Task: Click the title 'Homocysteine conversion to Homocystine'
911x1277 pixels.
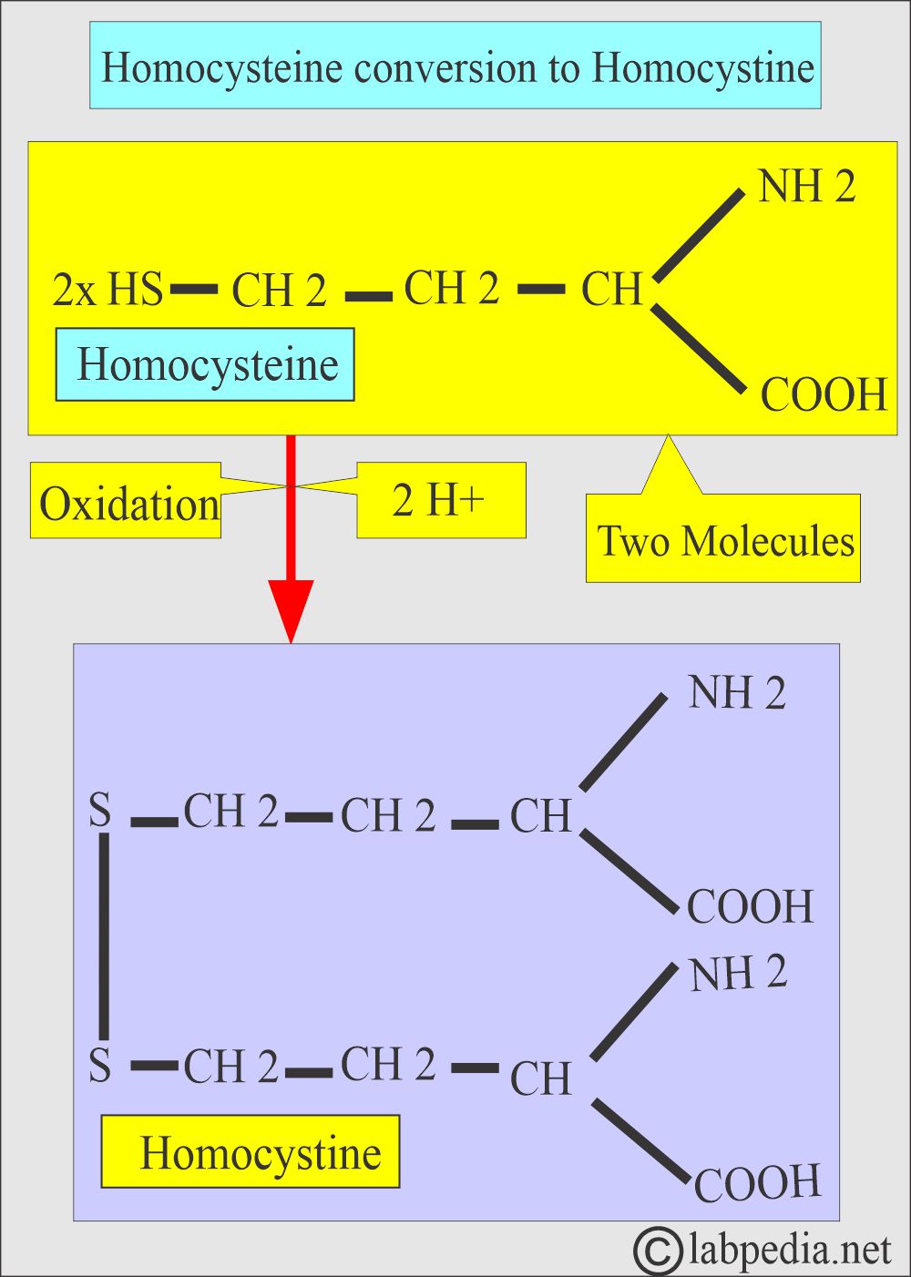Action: [455, 66]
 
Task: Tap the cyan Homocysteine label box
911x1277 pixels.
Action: [205, 365]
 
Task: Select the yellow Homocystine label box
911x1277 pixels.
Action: [251, 1152]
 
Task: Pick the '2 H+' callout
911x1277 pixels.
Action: [440, 500]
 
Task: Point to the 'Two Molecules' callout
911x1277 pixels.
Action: [723, 539]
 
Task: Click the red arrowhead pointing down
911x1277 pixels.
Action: [291, 610]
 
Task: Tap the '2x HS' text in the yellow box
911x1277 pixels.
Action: [107, 290]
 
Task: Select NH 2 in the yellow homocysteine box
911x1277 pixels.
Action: [806, 187]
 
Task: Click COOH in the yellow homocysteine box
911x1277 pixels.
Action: [824, 394]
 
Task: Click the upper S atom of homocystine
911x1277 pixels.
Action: [100, 810]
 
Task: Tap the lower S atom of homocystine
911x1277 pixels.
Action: [100, 1065]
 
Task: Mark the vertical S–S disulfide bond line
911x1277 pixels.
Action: [104, 936]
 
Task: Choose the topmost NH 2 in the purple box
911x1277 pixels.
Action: [736, 693]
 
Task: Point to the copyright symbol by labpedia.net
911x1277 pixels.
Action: [657, 1249]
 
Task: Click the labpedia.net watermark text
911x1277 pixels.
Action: [789, 1249]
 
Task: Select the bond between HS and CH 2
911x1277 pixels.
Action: [195, 290]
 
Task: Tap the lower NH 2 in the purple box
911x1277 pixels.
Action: [738, 973]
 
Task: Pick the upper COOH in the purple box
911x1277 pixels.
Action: [750, 906]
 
